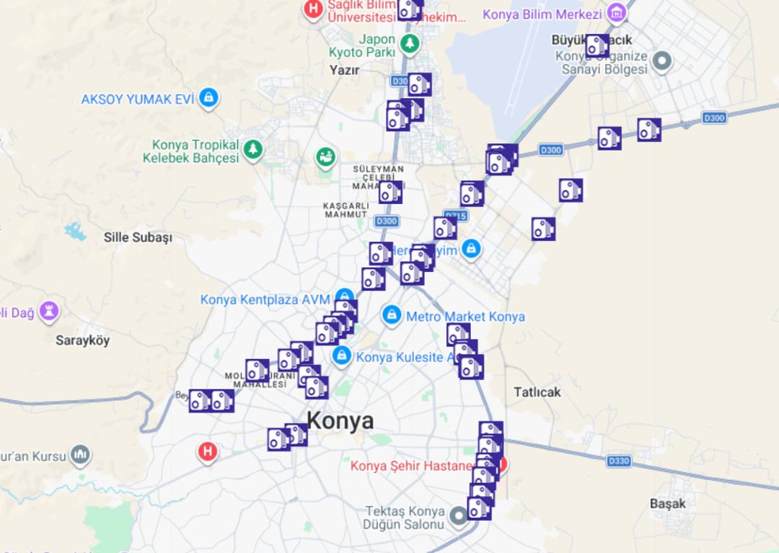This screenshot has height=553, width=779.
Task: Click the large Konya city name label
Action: point(340,420)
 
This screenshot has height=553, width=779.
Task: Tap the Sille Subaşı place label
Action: point(138,237)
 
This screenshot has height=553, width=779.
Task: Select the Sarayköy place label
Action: point(82,340)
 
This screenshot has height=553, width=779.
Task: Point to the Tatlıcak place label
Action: point(537,392)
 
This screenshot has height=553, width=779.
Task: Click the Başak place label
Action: point(667,503)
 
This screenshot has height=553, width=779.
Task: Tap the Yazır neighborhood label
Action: point(344,70)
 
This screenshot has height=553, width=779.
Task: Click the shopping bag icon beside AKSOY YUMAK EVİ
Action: point(208,98)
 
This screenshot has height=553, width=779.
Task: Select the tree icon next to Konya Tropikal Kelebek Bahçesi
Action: point(252,150)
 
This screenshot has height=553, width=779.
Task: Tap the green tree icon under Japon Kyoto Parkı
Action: point(410,44)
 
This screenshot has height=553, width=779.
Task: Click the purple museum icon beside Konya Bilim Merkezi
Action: point(615,13)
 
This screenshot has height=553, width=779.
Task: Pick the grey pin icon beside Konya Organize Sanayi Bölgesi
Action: point(661,61)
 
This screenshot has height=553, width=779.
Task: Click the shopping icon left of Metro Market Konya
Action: point(392,315)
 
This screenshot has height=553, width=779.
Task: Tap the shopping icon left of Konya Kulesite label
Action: point(341,355)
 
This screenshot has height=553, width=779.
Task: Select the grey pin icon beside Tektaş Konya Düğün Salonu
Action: point(459,516)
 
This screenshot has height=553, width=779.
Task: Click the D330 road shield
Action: point(618,461)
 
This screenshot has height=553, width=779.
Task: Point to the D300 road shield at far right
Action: point(713,118)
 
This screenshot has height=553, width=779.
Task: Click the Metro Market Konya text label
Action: point(465,317)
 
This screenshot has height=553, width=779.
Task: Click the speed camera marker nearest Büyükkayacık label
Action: point(597,46)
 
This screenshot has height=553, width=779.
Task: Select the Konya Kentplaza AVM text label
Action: point(265,299)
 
